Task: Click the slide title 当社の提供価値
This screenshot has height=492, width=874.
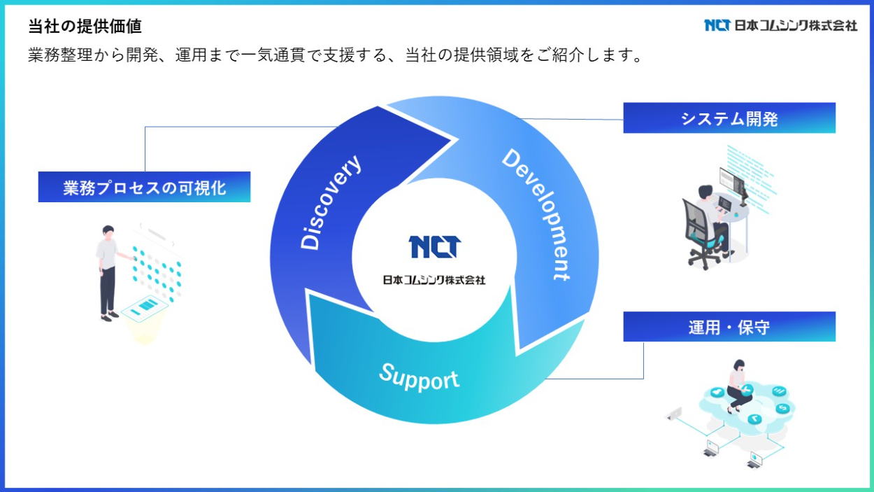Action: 85,27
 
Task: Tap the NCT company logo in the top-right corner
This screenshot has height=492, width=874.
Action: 780,25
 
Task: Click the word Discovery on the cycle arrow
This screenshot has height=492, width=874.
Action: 331,202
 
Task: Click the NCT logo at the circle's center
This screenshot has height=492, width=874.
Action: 434,247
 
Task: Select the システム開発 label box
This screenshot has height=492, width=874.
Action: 729,118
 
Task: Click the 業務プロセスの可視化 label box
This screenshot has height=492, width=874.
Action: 144,188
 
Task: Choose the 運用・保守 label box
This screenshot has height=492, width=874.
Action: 729,327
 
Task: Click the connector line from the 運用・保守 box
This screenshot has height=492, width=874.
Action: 643,364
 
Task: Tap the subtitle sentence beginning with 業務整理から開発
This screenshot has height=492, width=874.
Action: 335,55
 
